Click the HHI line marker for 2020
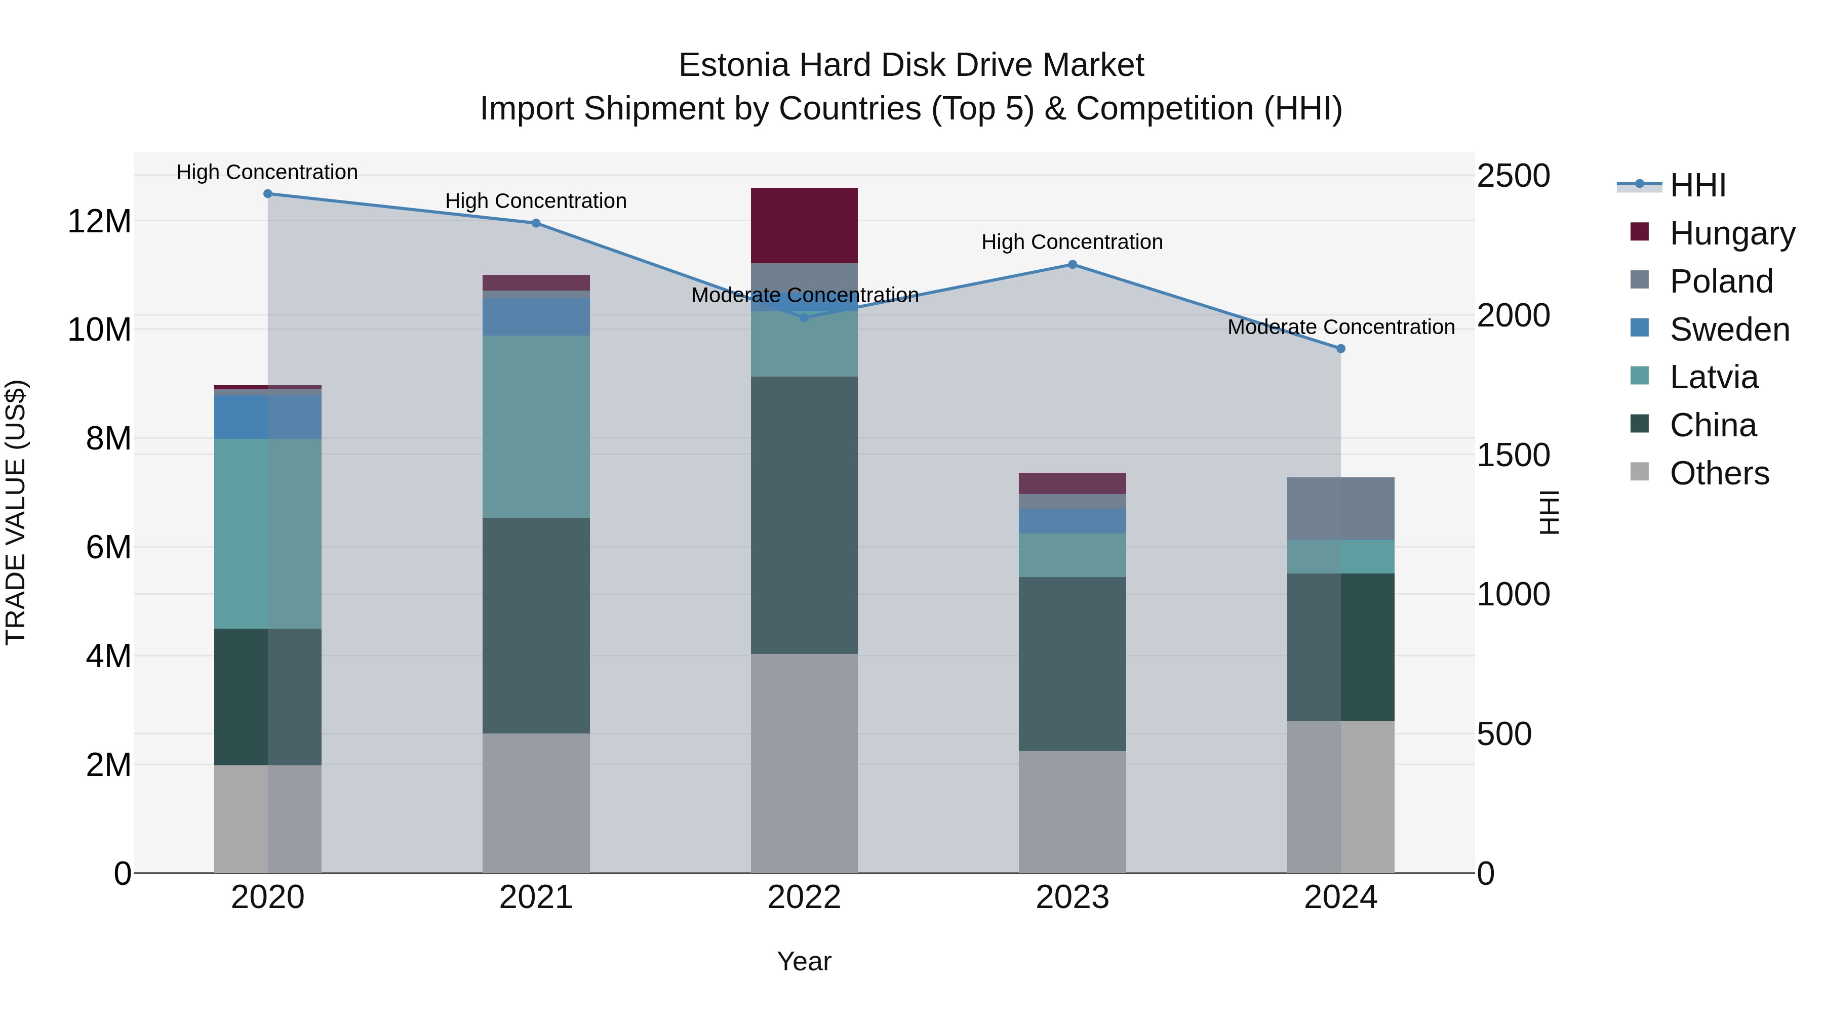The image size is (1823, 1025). pyautogui.click(x=267, y=194)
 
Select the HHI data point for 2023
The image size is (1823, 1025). pyautogui.click(x=1072, y=265)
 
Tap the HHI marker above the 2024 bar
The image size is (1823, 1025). pyautogui.click(x=1340, y=349)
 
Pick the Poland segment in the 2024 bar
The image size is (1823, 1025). pyautogui.click(x=1340, y=509)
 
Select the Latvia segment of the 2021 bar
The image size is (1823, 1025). pyautogui.click(x=536, y=427)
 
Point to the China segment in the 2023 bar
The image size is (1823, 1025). pyautogui.click(x=1072, y=664)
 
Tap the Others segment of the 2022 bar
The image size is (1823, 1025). pyautogui.click(x=804, y=763)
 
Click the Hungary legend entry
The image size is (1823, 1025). pyautogui.click(x=1732, y=233)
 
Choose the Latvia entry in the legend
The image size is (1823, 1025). pyautogui.click(x=1713, y=377)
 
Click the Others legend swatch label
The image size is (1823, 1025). pyautogui.click(x=1719, y=473)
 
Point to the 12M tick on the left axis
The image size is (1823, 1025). pyautogui.click(x=99, y=221)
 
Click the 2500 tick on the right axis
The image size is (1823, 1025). pyautogui.click(x=1513, y=176)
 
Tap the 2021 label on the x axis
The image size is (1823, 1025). pyautogui.click(x=536, y=897)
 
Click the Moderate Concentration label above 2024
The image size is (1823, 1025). pyautogui.click(x=1340, y=327)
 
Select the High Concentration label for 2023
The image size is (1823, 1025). pyautogui.click(x=1072, y=242)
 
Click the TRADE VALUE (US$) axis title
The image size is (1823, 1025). pyautogui.click(x=16, y=512)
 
